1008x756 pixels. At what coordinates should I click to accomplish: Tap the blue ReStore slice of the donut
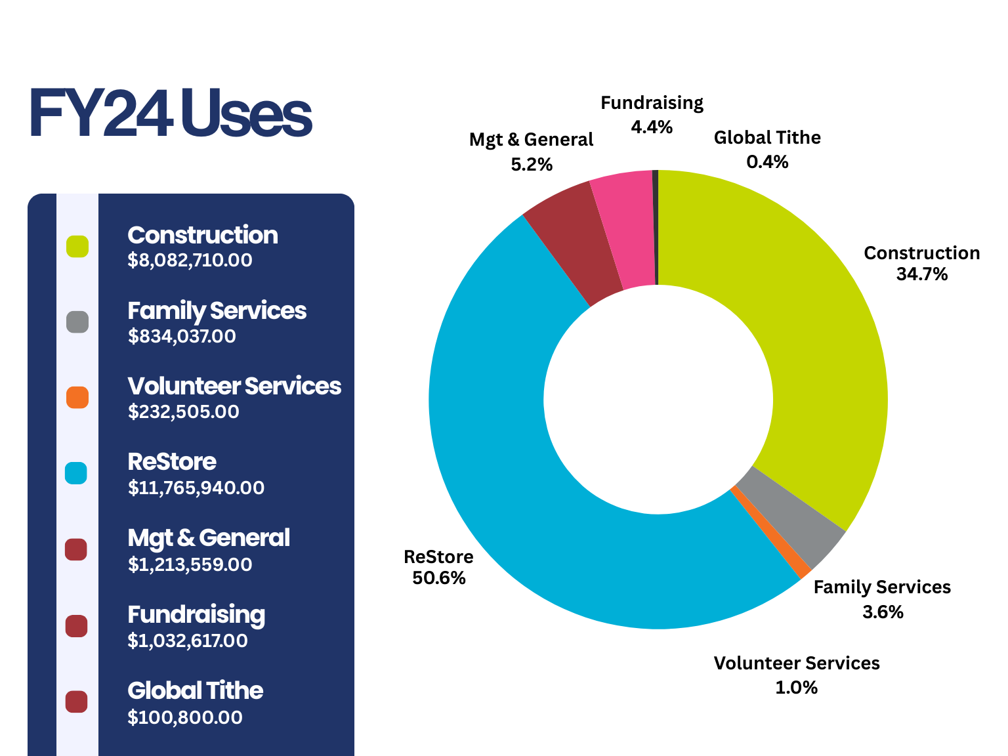pos(525,459)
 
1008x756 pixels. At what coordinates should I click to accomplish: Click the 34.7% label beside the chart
pos(921,274)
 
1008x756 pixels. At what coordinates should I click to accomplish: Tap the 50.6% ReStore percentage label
pos(438,578)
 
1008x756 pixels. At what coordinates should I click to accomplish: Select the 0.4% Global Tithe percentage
pos(767,162)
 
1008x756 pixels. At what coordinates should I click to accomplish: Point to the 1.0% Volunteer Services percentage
pos(796,688)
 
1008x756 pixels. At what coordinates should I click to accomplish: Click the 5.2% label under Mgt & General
pos(531,165)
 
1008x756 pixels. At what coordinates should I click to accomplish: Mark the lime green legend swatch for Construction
pos(77,247)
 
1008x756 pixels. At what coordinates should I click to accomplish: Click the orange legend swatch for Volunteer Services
pos(77,398)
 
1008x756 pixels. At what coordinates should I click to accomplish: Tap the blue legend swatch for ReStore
pos(76,473)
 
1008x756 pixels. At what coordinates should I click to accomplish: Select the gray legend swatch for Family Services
pos(77,322)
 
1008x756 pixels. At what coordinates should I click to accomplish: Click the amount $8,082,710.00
pos(190,261)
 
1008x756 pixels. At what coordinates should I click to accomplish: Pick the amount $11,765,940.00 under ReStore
pos(196,488)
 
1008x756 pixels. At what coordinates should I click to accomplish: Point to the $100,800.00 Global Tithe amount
pos(184,717)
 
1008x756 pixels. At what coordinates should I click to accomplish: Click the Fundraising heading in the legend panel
pos(196,615)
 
